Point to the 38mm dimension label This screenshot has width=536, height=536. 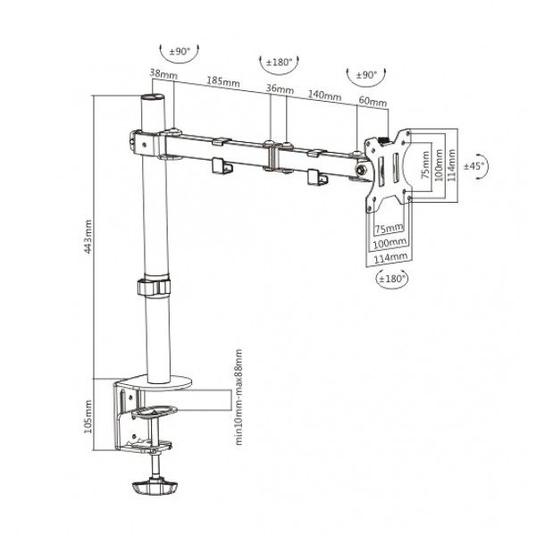click(x=163, y=75)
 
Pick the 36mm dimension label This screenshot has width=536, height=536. click(x=279, y=89)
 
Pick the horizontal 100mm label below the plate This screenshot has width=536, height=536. click(x=389, y=243)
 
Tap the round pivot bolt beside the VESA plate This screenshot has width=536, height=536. click(x=362, y=170)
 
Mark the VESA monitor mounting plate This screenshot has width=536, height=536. click(x=390, y=170)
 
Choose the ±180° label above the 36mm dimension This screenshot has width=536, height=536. click(x=279, y=62)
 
